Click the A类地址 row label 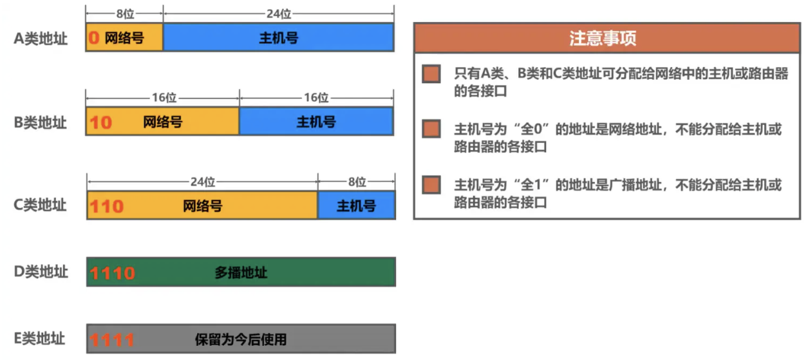[x=41, y=38]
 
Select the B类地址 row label [x=40, y=122]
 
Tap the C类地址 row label [x=40, y=205]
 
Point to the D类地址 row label [x=41, y=272]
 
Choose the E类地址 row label [x=39, y=338]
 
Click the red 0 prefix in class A [x=94, y=37]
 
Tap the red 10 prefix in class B [x=100, y=122]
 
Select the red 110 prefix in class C [x=106, y=206]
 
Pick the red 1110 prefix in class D [x=112, y=273]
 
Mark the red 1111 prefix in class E [x=112, y=340]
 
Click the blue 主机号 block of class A [x=279, y=37]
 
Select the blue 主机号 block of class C [x=357, y=205]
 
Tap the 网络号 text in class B [x=163, y=122]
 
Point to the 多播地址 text [x=241, y=272]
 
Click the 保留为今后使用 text [x=241, y=339]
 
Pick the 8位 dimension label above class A [x=125, y=14]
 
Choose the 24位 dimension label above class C [x=203, y=182]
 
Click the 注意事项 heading [x=603, y=38]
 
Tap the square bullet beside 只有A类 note [x=431, y=74]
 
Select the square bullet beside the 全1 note [x=431, y=185]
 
